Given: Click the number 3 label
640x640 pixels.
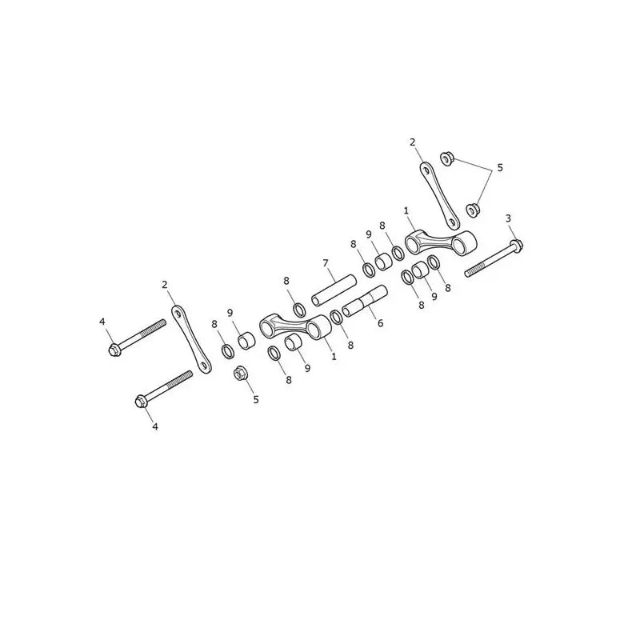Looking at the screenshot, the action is [x=508, y=218].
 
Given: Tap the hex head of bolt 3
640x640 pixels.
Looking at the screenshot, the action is [x=517, y=246].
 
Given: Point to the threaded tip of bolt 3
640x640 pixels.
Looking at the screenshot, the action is [x=467, y=274].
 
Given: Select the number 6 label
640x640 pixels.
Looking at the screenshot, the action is [x=381, y=324].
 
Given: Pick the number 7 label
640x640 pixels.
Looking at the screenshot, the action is [x=326, y=263].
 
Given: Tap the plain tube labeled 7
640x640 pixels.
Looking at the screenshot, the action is [x=334, y=290].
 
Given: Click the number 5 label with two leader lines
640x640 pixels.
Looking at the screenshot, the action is [x=500, y=168].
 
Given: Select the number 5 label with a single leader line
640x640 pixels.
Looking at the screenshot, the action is [x=256, y=399].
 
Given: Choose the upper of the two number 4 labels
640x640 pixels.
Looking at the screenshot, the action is [x=102, y=322].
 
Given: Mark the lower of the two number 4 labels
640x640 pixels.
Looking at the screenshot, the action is [x=154, y=427].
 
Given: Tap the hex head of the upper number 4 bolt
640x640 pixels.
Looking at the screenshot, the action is [x=114, y=350].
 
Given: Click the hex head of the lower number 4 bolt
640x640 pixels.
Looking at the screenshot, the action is [x=141, y=402].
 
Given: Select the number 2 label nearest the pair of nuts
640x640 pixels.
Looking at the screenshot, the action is [x=412, y=142].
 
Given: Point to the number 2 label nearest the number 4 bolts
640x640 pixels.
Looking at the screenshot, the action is [x=165, y=285].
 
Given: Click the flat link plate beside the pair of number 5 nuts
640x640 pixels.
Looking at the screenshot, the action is [x=439, y=196].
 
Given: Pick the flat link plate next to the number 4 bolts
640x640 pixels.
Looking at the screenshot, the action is [x=191, y=339].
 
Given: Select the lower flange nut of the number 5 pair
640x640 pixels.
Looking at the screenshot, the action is [x=473, y=210].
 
